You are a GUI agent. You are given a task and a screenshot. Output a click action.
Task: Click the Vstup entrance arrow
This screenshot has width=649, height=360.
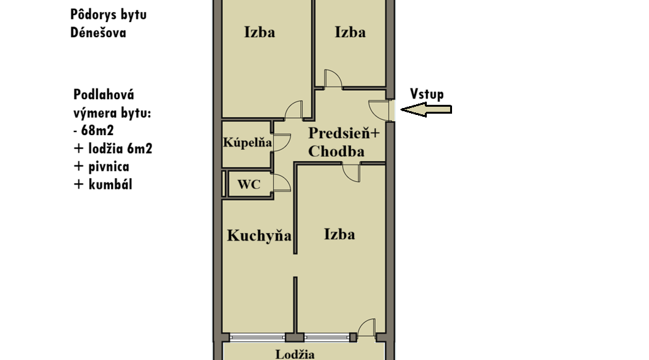point(426,110)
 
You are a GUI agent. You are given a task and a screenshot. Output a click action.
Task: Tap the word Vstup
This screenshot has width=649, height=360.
point(427,95)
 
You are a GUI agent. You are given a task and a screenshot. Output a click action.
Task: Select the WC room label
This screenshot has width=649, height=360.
point(249,184)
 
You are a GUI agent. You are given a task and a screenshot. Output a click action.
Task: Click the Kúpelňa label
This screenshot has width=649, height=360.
point(247,143)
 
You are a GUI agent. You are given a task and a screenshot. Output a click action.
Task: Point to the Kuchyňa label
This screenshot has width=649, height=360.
point(259,236)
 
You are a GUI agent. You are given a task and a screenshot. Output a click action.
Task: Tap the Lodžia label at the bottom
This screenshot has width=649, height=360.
point(295,354)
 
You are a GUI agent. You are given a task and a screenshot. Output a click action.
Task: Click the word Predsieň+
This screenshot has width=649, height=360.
point(344,133)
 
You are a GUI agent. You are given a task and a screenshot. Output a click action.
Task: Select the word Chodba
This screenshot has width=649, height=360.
point(336,151)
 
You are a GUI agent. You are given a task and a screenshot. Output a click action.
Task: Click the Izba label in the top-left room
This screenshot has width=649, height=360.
point(259,32)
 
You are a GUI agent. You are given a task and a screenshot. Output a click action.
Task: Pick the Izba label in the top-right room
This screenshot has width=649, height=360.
point(350,32)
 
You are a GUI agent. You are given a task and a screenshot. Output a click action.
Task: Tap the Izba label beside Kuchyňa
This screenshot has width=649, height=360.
point(340,234)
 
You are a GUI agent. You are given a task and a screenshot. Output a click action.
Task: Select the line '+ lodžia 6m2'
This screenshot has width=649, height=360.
point(113,148)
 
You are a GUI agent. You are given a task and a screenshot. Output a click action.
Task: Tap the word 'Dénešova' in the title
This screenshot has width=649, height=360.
point(98,32)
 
